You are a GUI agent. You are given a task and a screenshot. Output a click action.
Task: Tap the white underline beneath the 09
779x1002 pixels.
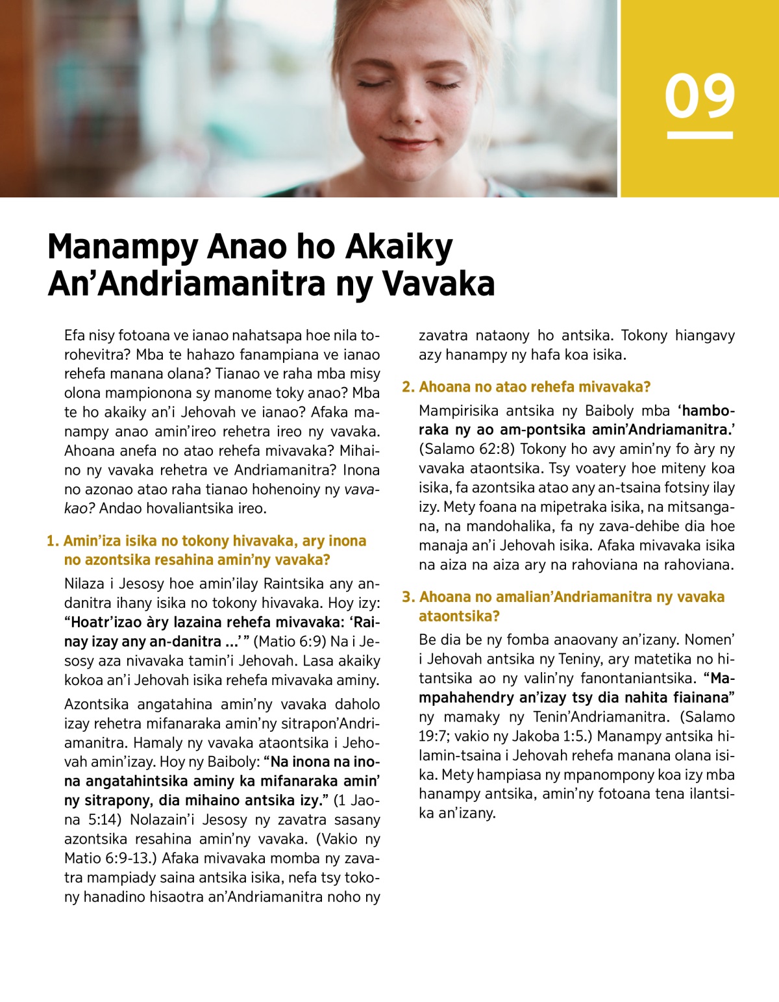700,135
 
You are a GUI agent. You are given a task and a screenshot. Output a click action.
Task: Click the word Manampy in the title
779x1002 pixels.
123,247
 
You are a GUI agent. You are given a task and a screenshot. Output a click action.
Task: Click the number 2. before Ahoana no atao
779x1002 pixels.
408,387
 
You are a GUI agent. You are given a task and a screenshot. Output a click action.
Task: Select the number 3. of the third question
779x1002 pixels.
408,597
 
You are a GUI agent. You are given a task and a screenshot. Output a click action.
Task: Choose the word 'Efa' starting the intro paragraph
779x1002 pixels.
76,336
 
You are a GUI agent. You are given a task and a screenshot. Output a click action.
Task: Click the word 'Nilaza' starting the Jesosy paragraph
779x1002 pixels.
86,584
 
